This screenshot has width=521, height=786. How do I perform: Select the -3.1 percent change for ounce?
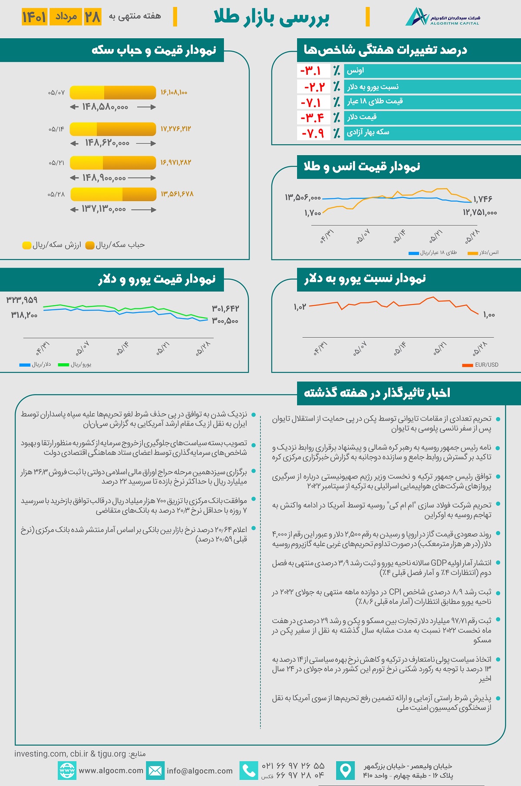(x=310, y=70)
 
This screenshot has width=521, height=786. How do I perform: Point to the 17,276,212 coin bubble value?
(x=175, y=129)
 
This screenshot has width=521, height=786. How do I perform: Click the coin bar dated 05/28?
(x=113, y=194)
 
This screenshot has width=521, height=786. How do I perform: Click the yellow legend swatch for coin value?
(x=27, y=245)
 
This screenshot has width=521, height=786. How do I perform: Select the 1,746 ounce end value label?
(x=483, y=199)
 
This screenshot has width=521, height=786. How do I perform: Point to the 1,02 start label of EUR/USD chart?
(x=300, y=307)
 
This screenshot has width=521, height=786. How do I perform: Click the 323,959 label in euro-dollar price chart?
(x=22, y=300)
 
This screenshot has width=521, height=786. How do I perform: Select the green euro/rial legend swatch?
(x=63, y=365)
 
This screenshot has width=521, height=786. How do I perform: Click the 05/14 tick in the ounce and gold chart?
(x=399, y=237)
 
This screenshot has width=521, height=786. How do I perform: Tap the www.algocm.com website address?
(x=111, y=770)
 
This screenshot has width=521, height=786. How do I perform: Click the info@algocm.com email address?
(x=199, y=771)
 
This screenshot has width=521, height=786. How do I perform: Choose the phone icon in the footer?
(x=249, y=771)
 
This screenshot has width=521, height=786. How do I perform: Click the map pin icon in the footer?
(x=346, y=771)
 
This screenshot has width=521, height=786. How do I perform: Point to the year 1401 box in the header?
(x=34, y=17)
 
